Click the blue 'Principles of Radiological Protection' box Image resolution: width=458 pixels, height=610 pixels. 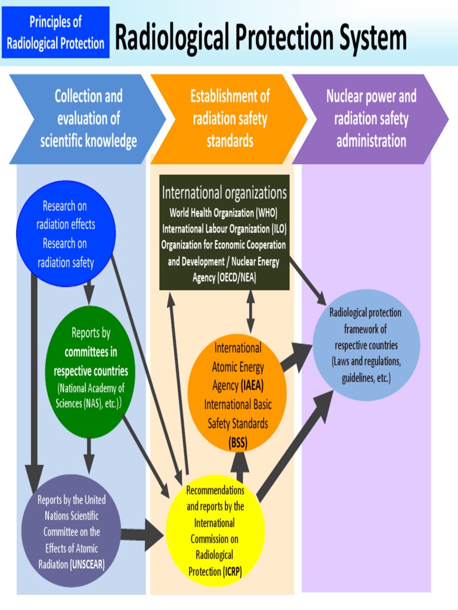coord(55,32)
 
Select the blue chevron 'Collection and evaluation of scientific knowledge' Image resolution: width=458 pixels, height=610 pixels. coord(88,119)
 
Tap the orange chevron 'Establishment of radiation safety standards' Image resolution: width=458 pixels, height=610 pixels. coord(230,119)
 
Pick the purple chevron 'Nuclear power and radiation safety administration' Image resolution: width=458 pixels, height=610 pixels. coord(371,119)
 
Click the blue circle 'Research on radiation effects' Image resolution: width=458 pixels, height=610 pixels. coord(65,234)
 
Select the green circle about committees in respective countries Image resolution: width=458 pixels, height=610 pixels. coord(91,370)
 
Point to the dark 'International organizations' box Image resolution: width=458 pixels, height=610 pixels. coord(224,232)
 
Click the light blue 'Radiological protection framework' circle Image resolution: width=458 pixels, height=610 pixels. coord(366,346)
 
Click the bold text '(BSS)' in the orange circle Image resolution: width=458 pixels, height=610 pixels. coord(238,442)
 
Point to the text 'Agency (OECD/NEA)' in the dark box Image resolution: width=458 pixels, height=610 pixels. coord(224,278)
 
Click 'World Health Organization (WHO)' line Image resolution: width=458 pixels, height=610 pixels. coord(224,212)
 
